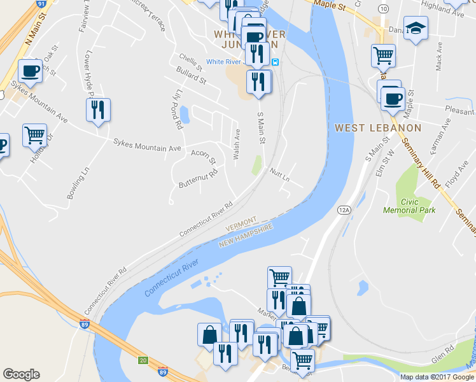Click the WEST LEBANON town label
pos(378,128)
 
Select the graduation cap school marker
pos(416,28)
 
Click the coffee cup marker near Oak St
pos(30,70)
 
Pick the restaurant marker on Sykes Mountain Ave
pos(98,110)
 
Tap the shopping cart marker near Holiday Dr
pos(34,135)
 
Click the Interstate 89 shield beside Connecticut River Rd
pos(84,324)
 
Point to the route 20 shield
pos(143,360)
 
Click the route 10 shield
pos(382,8)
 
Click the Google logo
pos(21,374)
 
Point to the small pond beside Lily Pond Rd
pos(184,115)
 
